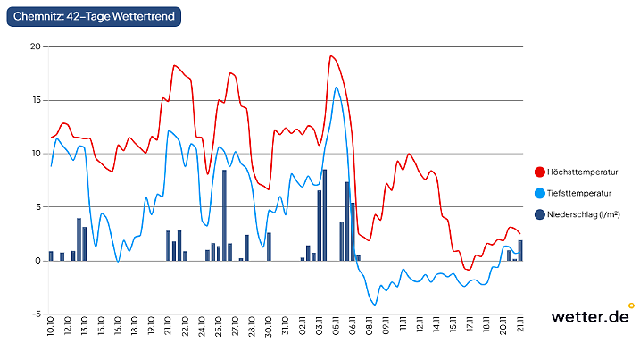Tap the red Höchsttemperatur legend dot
540,172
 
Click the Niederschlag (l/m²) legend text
584,214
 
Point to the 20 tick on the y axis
36,46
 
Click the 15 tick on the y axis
36,100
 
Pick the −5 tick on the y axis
36,314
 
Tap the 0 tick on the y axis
38,261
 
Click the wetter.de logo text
589,316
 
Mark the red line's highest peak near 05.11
331,56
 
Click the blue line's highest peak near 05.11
337,87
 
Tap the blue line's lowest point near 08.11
375,305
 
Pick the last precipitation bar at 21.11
520,251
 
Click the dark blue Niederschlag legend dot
540,214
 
